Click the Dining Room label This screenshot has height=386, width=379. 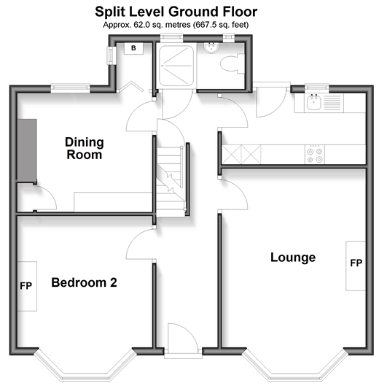(x=85, y=148)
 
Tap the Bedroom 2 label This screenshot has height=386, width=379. (x=84, y=282)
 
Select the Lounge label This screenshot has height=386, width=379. (x=293, y=258)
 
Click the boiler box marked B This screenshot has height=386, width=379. (x=133, y=48)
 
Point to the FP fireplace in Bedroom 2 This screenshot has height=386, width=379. (x=27, y=286)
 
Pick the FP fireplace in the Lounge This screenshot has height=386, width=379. (x=356, y=266)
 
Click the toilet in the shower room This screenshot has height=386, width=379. (x=232, y=64)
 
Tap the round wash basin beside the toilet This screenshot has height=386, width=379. (x=211, y=47)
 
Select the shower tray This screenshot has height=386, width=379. (x=176, y=66)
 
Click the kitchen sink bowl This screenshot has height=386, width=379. (x=314, y=102)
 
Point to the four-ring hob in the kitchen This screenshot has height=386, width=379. (x=315, y=155)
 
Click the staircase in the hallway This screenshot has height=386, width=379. (x=171, y=182)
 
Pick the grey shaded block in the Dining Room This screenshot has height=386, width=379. (x=27, y=150)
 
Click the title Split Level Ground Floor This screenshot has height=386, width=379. (x=176, y=12)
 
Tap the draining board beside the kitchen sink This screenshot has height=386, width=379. (x=332, y=102)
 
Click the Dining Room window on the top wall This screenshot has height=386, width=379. (x=71, y=88)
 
